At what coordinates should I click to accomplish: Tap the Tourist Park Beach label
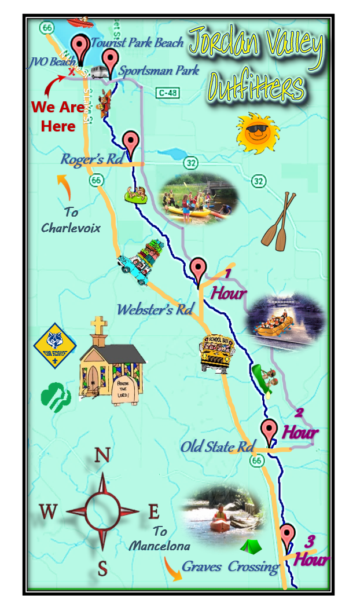[x=137, y=42]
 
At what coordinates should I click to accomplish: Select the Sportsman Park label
[x=159, y=71]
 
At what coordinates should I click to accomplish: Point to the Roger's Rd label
[x=93, y=159]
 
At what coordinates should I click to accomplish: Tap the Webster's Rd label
[x=154, y=309]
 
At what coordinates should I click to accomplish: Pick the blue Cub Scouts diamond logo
[x=55, y=346]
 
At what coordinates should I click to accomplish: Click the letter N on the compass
[x=102, y=455]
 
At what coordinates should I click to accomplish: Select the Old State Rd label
[x=217, y=447]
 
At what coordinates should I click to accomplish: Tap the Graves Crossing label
[x=230, y=566]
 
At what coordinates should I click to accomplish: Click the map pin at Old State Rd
[x=269, y=432]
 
